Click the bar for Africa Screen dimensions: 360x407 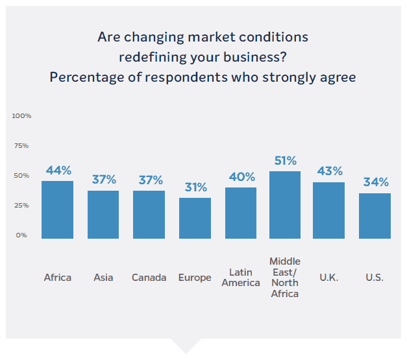[57, 210]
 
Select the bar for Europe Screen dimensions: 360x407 [195, 218]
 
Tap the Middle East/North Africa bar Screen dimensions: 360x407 [285, 205]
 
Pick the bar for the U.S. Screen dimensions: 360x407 [375, 215]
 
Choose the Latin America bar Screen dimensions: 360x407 [241, 213]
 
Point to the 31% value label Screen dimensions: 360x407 [195, 187]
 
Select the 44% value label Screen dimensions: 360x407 [58, 171]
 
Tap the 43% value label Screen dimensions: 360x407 [330, 172]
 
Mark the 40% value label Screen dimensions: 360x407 [241, 177]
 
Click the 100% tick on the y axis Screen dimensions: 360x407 [21, 115]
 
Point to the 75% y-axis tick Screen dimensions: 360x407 [21, 145]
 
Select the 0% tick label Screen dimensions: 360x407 [21, 235]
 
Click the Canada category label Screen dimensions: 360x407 [149, 278]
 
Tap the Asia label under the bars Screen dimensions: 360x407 [103, 278]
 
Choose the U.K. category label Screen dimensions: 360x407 [329, 278]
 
